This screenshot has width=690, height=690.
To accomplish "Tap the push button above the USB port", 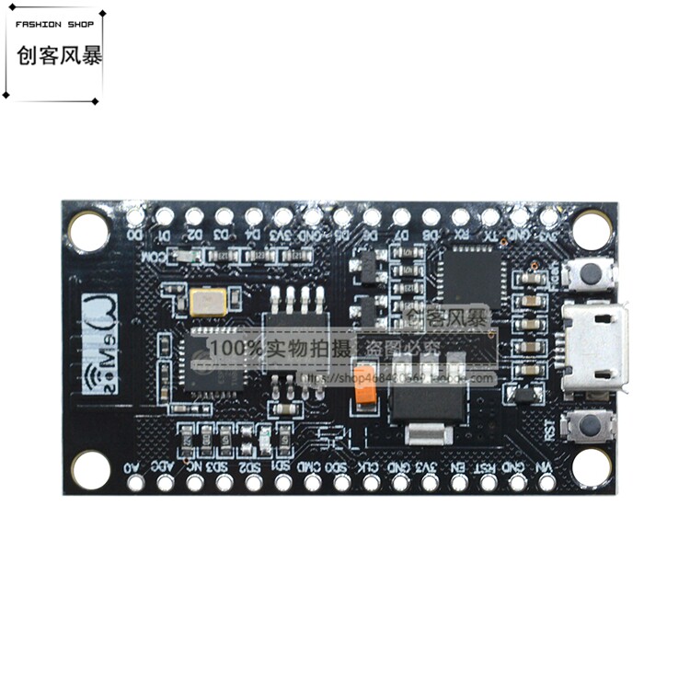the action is point(593,272).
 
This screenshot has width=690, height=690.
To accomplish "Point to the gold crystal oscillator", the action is point(203,301).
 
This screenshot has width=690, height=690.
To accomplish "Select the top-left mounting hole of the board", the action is point(89,230).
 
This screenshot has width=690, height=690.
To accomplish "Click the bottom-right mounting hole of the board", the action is point(591,466).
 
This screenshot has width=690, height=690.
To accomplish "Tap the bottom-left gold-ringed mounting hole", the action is point(91,469).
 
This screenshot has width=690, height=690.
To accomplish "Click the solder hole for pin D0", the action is point(135,217).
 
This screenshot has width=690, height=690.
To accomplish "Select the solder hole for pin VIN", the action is point(547,481).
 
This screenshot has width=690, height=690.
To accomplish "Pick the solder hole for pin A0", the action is point(135,481).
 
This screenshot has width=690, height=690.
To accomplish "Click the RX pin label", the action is point(460,236).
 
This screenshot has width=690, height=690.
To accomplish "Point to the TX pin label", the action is point(490,236).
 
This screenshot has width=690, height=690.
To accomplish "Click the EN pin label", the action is point(458,466).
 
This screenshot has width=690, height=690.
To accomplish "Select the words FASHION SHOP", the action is point(55,24).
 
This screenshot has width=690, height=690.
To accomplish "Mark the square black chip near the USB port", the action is point(470,273).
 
